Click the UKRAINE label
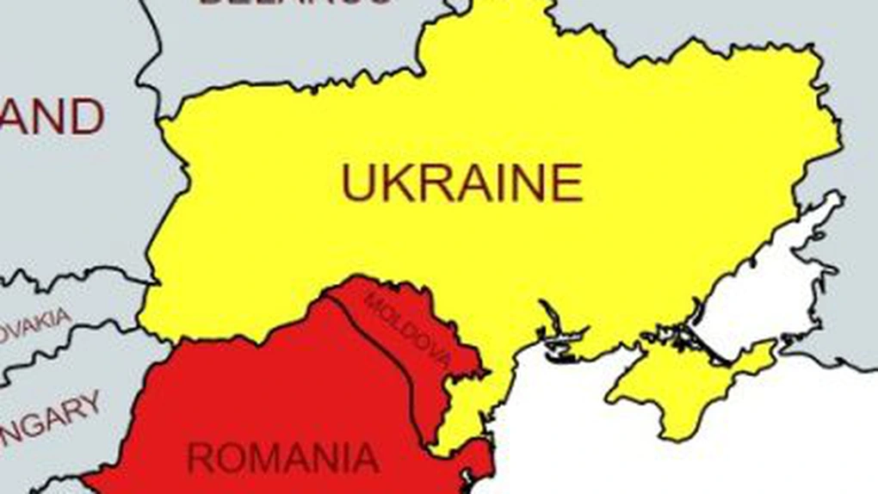coord(462,183)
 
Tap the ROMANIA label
coord(283,457)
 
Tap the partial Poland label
coord(52,117)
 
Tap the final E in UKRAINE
coord(567,183)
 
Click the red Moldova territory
coord(430,361)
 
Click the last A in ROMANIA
coord(365,457)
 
